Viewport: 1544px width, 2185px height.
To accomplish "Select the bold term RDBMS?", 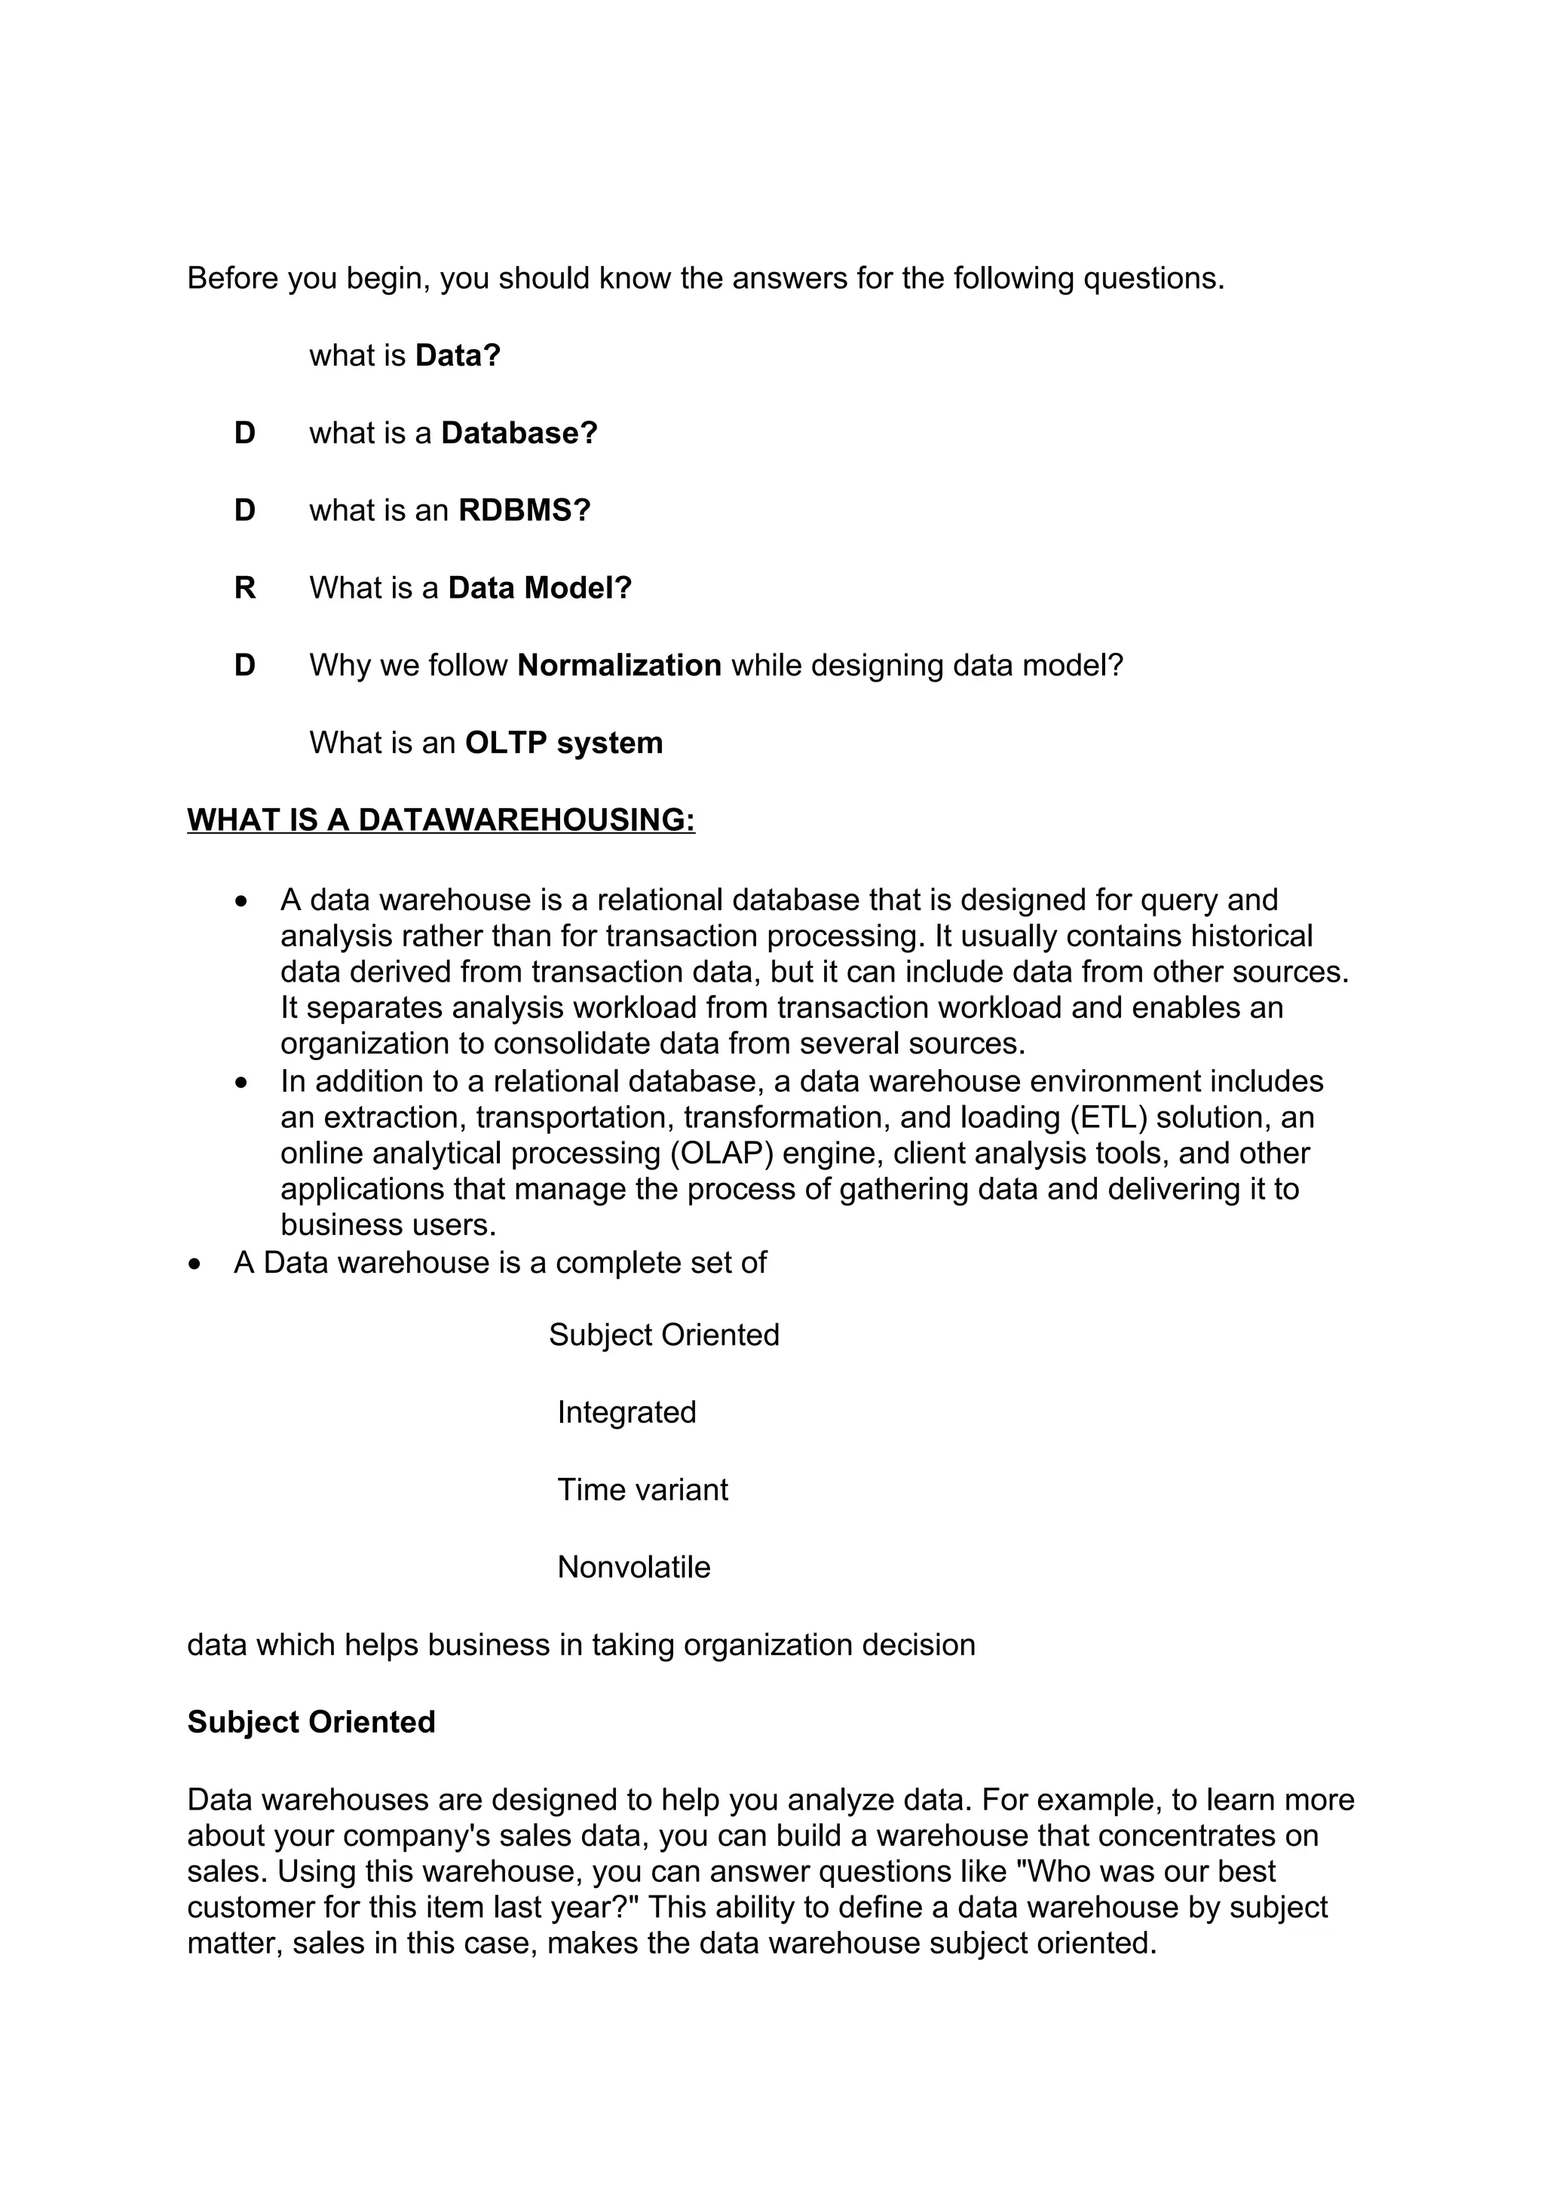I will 524,510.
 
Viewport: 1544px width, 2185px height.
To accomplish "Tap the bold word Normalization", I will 619,664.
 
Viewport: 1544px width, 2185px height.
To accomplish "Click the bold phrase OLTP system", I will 563,743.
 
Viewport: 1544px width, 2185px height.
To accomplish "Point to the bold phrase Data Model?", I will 539,587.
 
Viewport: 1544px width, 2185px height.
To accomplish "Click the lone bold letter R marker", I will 244,587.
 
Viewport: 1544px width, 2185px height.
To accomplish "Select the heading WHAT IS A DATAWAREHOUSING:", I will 440,820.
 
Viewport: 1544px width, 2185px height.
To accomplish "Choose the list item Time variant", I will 642,1489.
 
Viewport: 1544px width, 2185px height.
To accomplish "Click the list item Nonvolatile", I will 633,1567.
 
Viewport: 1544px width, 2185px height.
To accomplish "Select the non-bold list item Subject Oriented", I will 663,1335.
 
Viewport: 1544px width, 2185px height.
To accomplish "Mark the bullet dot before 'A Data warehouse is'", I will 195,1264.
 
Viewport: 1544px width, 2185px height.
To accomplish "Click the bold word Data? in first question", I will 458,355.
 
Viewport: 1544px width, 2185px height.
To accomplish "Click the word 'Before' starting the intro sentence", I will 232,278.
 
